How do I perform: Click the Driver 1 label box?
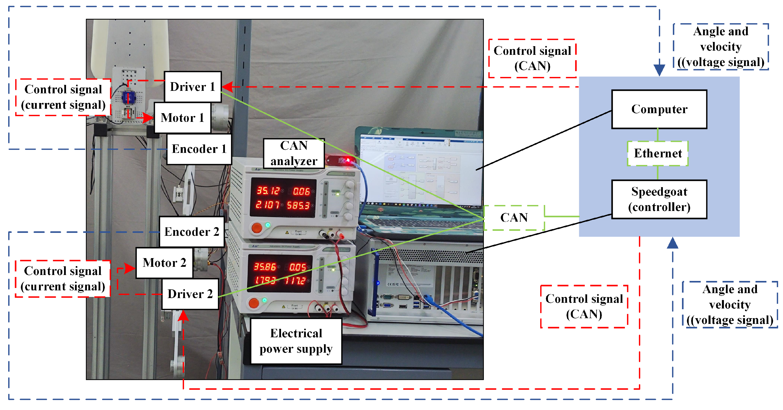pyautogui.click(x=192, y=87)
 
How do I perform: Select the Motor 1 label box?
pyautogui.click(x=182, y=118)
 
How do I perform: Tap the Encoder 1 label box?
pyautogui.click(x=199, y=149)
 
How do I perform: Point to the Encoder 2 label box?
pyautogui.click(x=191, y=232)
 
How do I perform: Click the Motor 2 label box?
pyautogui.click(x=164, y=263)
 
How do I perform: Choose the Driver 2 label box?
pyautogui.click(x=190, y=294)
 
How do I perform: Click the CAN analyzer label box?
pyautogui.click(x=294, y=153)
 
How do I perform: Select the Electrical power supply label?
pyautogui.click(x=296, y=341)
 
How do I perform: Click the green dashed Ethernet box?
pyautogui.click(x=657, y=153)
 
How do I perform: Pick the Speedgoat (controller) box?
pyautogui.click(x=659, y=199)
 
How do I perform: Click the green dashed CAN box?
pyautogui.click(x=514, y=218)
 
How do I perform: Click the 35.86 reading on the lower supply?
pyautogui.click(x=265, y=267)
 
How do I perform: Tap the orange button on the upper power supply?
pyautogui.click(x=257, y=228)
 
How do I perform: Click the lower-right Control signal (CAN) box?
pyautogui.click(x=584, y=306)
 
